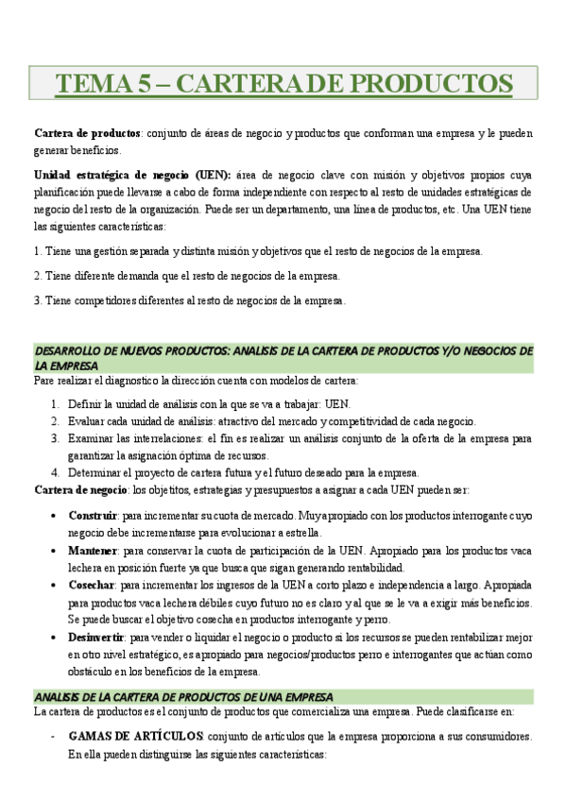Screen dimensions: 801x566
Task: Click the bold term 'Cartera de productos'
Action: pos(87,134)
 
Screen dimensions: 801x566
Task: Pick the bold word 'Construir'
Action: pos(93,516)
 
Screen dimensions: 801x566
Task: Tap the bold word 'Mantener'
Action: pos(93,550)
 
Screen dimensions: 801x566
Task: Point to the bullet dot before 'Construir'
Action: pos(51,517)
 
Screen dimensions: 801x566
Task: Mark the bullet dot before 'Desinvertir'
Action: pos(51,638)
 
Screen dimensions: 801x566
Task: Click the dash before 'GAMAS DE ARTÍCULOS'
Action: pos(52,736)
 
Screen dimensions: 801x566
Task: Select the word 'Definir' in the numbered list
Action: pos(85,404)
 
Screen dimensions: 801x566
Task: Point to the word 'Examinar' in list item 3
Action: pos(92,438)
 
